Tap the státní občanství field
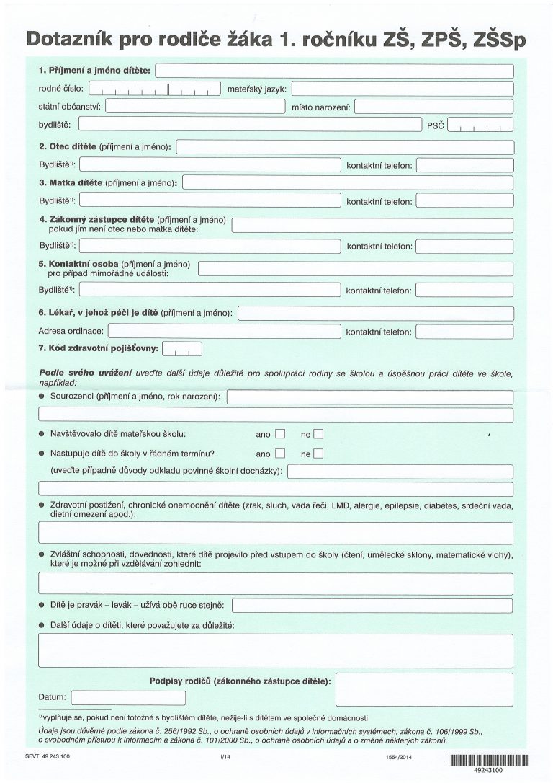tap(195, 107)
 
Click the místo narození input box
tap(433, 107)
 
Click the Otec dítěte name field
tap(345, 147)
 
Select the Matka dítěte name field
tap(349, 182)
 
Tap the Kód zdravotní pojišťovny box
tap(183, 350)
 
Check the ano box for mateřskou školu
tap(280, 435)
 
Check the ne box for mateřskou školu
tap(319, 435)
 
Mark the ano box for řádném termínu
tap(280, 454)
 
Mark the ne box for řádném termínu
tap(319, 454)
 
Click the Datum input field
tap(129, 698)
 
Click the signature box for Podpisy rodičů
tap(425, 689)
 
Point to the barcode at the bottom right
tap(488, 759)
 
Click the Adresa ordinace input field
tap(223, 332)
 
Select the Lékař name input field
tap(376, 314)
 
